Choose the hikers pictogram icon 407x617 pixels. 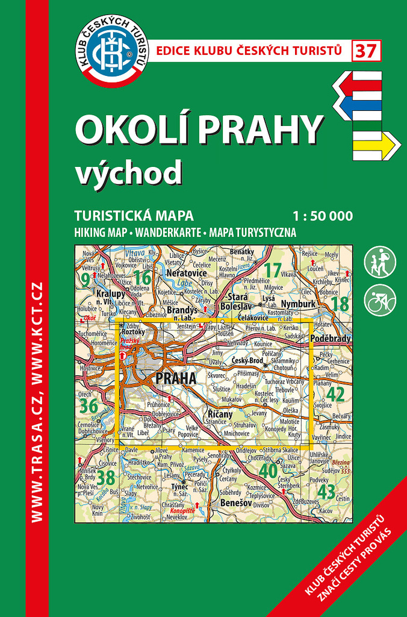[380, 262]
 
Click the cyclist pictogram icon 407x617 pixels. [380, 299]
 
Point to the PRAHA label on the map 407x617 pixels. [175, 378]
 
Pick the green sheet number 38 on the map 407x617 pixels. [106, 478]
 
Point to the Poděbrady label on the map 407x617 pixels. [330, 339]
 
